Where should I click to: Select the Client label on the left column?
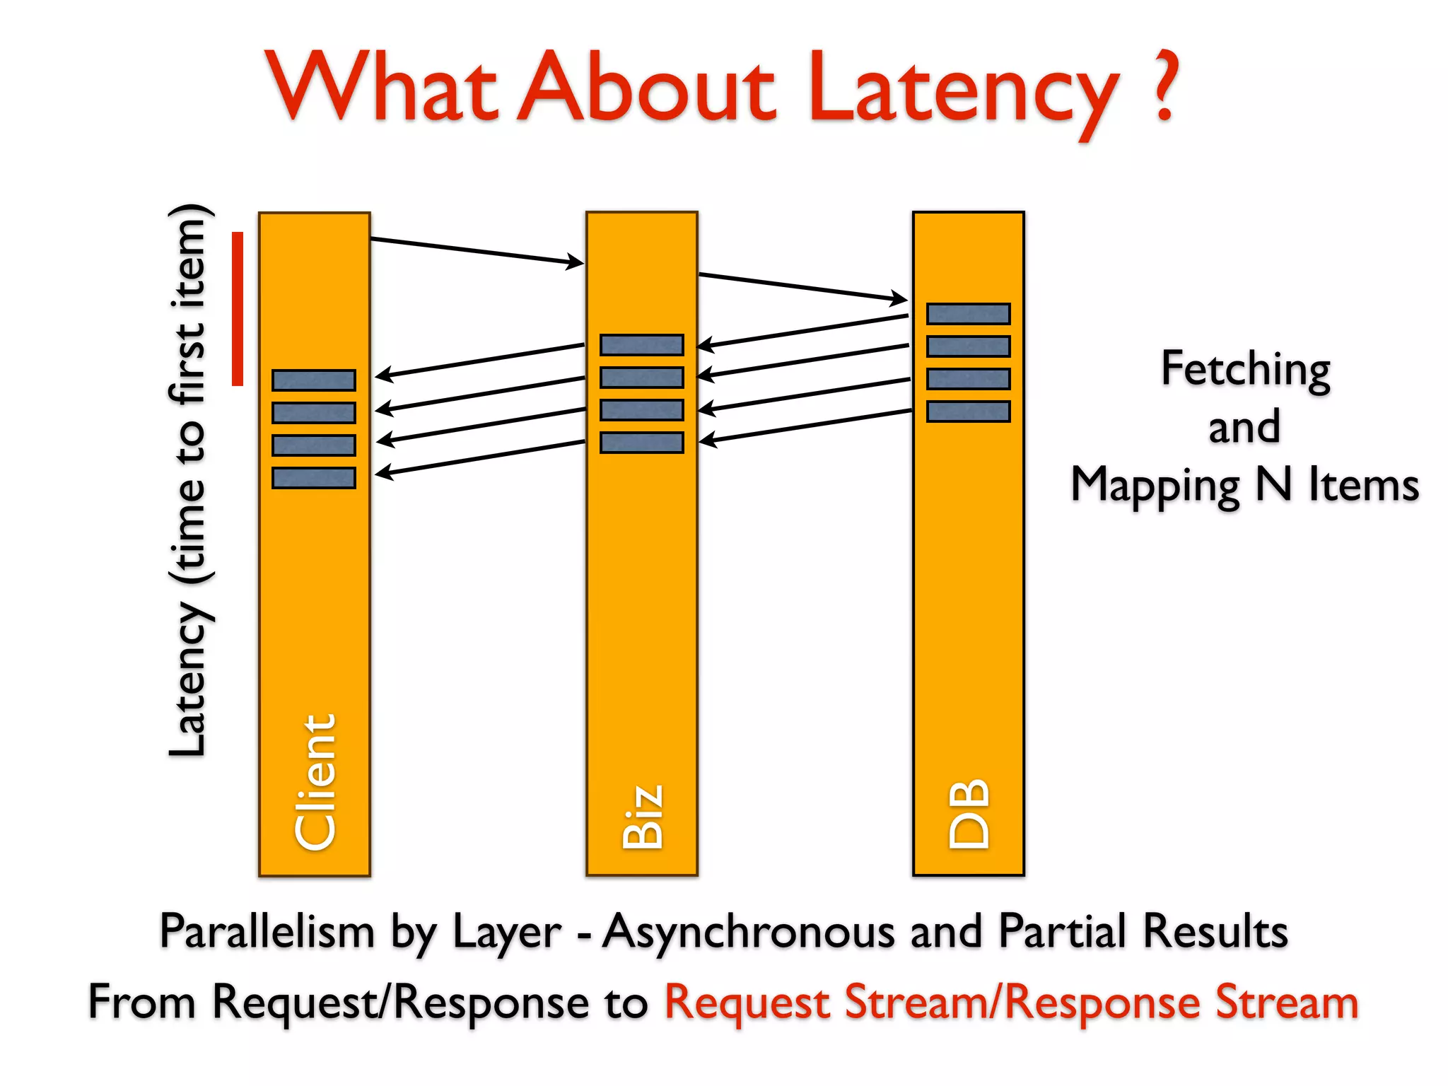(x=315, y=782)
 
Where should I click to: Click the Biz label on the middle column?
(x=642, y=816)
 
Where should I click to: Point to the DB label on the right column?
(x=969, y=813)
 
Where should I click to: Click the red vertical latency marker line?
(x=238, y=309)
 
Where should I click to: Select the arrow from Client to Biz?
(x=477, y=251)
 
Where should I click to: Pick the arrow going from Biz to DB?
(x=802, y=287)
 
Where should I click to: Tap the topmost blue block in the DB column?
(x=968, y=314)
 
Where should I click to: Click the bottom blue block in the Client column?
(x=314, y=478)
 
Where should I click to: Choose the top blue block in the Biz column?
(x=641, y=345)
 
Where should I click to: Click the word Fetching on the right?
(x=1245, y=369)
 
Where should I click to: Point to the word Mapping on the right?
(x=1155, y=485)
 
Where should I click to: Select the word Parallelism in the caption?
(x=267, y=931)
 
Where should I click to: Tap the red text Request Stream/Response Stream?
(x=1011, y=1003)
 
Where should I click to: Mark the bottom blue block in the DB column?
(x=968, y=411)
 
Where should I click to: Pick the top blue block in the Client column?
(x=314, y=380)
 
